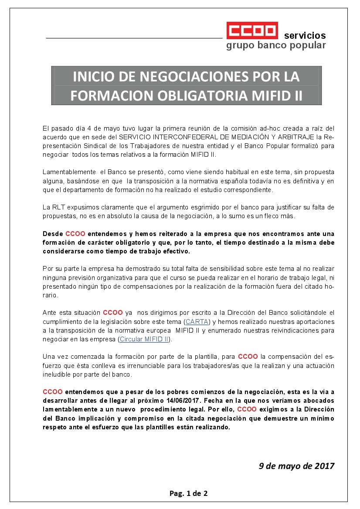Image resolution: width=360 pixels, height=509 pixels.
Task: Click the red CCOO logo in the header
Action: [252, 31]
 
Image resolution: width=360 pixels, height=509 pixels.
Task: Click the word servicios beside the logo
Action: [305, 36]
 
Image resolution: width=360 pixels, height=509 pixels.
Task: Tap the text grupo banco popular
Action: [275, 45]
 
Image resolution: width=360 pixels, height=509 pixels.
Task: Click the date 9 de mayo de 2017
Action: [296, 466]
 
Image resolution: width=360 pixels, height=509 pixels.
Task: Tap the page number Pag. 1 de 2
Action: [188, 493]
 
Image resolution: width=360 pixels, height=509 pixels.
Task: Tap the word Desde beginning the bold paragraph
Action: [53, 234]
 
